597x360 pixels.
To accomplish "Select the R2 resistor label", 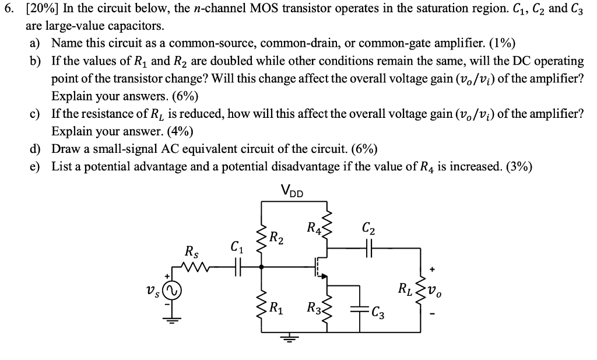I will pos(278,238).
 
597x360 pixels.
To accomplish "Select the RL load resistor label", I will pos(403,288).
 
